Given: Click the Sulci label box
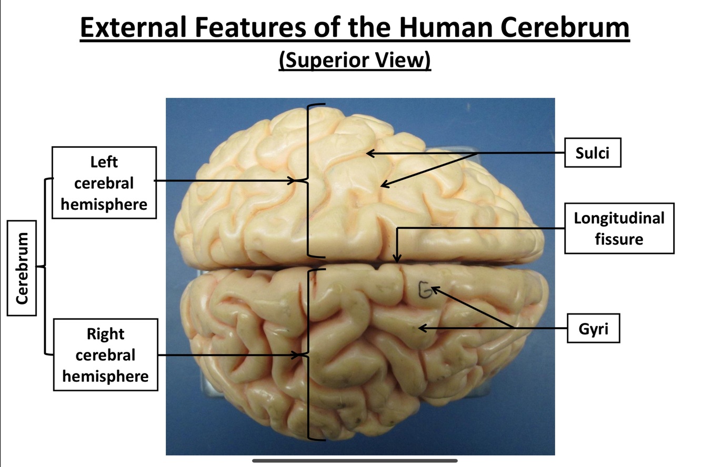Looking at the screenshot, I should (x=593, y=153).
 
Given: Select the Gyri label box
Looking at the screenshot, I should (x=593, y=329).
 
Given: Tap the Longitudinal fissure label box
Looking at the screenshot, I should (x=619, y=228).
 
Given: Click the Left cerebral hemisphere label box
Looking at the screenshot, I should (x=104, y=182).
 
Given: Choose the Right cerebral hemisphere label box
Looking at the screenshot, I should (x=105, y=354).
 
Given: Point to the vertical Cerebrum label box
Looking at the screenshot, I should (x=22, y=268).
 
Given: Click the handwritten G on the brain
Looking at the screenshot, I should (x=424, y=290).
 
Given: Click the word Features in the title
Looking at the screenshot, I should (x=250, y=28).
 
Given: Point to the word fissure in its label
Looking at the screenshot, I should (x=619, y=239).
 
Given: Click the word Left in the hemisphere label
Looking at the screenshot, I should (x=104, y=161).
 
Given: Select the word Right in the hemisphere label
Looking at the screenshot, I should (x=105, y=334).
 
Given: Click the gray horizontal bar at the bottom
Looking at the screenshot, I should (x=355, y=461).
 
